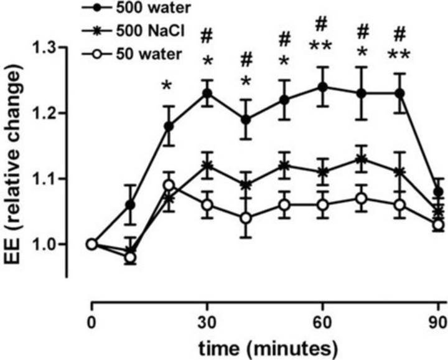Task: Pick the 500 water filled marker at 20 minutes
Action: [x=169, y=126]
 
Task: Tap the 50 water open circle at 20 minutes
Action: [x=169, y=185]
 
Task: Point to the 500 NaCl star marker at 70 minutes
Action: [x=361, y=159]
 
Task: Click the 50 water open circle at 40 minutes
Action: [x=246, y=218]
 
